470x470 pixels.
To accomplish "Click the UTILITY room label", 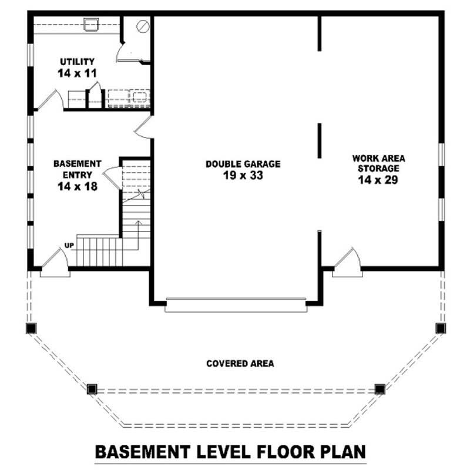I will [76, 62].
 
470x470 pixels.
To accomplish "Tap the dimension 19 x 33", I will [243, 175].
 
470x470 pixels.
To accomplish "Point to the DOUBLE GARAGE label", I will [243, 164].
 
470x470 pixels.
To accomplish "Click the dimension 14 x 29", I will [378, 180].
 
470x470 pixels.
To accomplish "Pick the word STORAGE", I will [378, 169].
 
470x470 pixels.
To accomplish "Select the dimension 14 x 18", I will [77, 186].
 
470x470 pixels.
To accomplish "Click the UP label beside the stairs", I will [69, 245].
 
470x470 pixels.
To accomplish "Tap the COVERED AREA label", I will [240, 364].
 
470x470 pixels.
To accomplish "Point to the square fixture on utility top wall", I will [90, 24].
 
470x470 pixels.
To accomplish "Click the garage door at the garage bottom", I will [236, 304].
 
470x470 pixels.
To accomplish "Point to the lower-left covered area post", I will [91, 389].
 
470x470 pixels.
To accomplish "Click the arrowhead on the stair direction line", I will [138, 223].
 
